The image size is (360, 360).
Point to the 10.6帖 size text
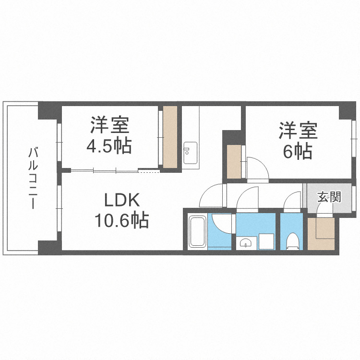pyautogui.click(x=121, y=220)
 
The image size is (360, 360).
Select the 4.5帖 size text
pyautogui.click(x=108, y=146)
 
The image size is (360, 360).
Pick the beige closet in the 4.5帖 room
pyautogui.click(x=169, y=137)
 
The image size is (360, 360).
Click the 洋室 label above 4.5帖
pyautogui.click(x=109, y=126)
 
